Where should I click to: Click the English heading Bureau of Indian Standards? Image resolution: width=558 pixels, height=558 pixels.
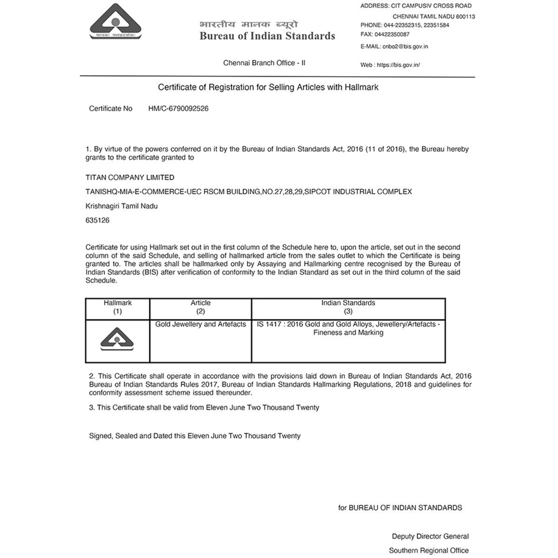[x=267, y=36]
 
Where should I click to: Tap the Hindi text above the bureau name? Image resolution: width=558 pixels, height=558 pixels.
[x=248, y=24]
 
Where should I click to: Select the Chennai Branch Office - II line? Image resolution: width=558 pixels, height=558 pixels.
[x=264, y=63]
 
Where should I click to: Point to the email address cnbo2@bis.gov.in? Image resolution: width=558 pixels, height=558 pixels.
[x=404, y=46]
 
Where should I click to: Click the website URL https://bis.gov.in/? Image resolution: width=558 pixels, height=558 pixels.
[x=399, y=65]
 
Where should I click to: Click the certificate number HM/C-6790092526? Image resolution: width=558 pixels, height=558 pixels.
[x=178, y=109]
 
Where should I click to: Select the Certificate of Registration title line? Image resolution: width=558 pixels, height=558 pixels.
[x=268, y=87]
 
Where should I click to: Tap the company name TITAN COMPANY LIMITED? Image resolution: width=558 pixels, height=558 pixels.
[x=130, y=178]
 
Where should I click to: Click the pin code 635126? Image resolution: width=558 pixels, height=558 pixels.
[x=98, y=220]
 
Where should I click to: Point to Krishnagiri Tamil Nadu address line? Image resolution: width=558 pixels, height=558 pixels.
[x=122, y=206]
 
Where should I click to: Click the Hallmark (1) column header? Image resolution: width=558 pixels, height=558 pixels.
[x=118, y=307]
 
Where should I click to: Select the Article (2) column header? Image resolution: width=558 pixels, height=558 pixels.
[x=200, y=307]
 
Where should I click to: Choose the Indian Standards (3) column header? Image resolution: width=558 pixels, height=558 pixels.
[x=348, y=307]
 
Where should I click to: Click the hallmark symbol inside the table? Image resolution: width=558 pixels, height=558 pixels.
[x=118, y=339]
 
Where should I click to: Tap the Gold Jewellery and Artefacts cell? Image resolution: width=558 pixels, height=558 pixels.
[x=200, y=325]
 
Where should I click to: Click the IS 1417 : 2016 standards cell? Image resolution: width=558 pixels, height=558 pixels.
[x=348, y=328]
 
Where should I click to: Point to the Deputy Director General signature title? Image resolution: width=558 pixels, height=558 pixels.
[x=430, y=537]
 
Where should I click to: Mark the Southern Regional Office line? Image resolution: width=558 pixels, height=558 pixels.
[x=429, y=551]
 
